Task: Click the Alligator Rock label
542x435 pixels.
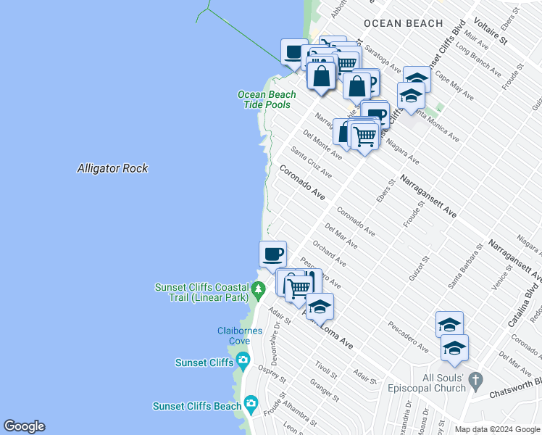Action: point(112,168)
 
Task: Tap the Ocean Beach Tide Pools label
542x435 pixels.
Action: point(267,99)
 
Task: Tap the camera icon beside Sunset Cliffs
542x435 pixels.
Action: point(243,360)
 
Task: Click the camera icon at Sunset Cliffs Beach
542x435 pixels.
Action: point(251,403)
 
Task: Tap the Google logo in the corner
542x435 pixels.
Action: point(24,426)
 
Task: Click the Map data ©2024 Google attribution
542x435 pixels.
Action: point(497,429)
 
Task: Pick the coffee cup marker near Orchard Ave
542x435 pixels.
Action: point(272,254)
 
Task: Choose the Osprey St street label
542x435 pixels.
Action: point(274,375)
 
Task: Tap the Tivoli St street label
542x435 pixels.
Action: point(326,370)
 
